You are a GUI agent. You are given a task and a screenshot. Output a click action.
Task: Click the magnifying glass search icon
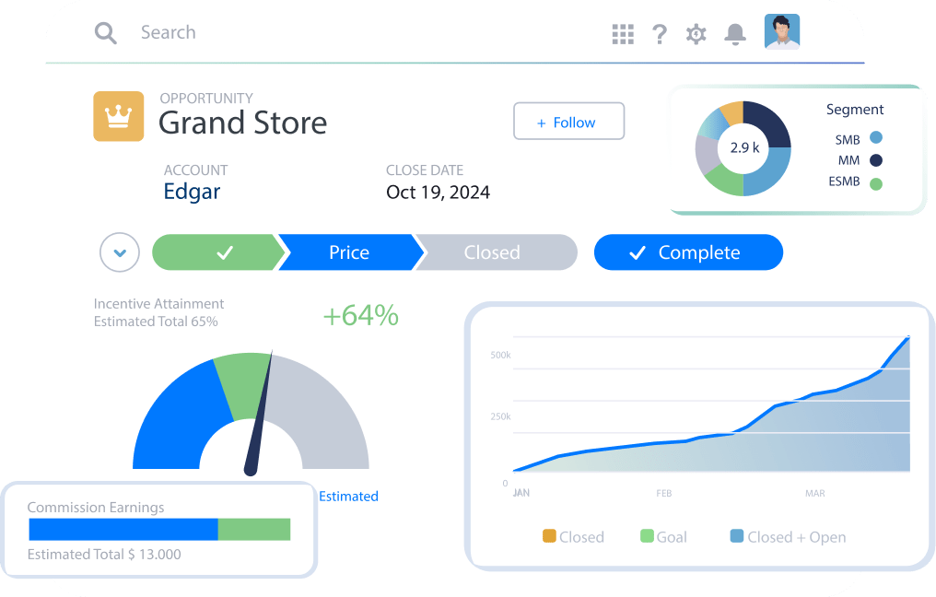[x=106, y=33]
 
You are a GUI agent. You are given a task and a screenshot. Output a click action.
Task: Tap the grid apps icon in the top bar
[x=623, y=34]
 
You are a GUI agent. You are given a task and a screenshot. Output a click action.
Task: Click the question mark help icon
[x=660, y=34]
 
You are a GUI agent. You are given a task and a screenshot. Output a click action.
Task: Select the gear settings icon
[x=696, y=34]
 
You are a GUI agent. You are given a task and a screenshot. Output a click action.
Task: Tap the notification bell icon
[x=734, y=34]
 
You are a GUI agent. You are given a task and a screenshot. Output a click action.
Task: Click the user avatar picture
[x=782, y=31]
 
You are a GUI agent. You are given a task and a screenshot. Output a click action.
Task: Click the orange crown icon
[x=119, y=116]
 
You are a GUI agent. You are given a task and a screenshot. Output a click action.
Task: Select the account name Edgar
[x=192, y=192]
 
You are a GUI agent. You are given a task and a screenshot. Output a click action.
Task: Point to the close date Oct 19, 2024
[x=438, y=193]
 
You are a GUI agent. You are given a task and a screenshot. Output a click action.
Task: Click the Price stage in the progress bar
[x=349, y=252]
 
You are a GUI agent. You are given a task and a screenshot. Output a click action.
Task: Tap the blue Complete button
[x=688, y=252]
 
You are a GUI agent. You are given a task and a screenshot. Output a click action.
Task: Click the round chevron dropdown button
[x=120, y=252]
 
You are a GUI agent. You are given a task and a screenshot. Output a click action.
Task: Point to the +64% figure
[x=360, y=316]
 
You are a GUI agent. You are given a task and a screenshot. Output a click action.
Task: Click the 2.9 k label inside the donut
[x=743, y=147]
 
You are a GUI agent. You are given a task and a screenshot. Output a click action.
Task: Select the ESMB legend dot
[x=875, y=182]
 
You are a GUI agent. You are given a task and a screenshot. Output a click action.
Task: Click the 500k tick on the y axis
[x=500, y=356]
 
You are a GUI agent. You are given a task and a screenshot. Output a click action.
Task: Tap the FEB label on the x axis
[x=664, y=493]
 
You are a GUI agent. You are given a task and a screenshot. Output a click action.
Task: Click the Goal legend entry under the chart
[x=663, y=536]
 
